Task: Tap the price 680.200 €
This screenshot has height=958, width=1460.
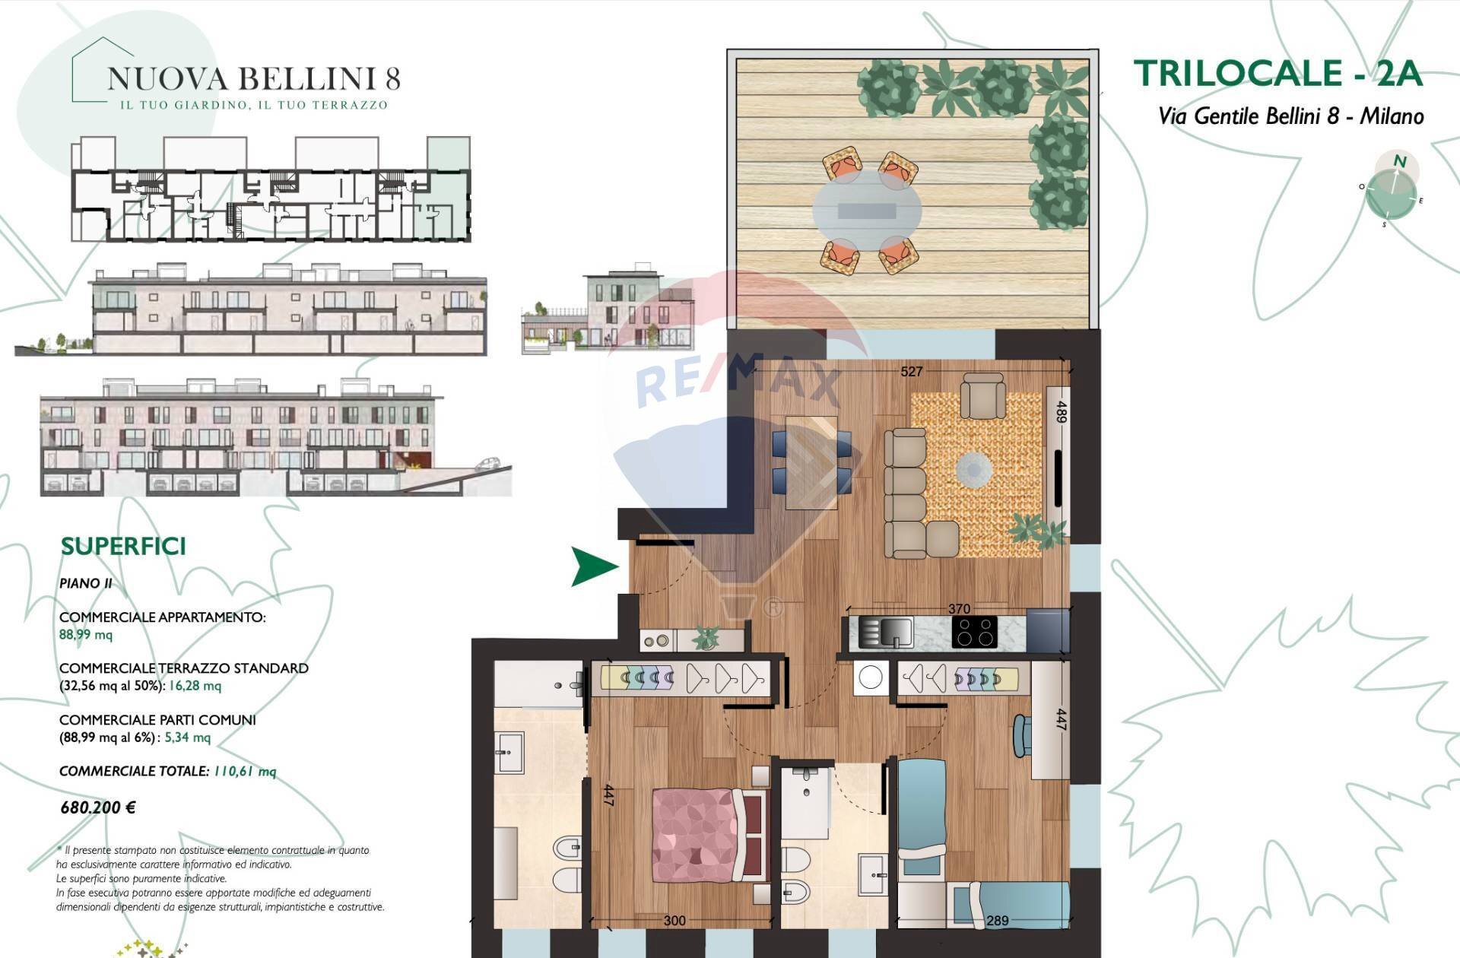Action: click(98, 807)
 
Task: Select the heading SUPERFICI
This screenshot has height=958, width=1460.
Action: click(123, 547)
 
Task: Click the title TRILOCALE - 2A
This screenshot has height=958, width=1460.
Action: click(1277, 74)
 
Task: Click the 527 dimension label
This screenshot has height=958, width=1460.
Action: click(911, 372)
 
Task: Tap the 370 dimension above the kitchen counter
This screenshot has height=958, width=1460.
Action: click(959, 609)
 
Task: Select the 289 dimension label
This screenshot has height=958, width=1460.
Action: click(997, 921)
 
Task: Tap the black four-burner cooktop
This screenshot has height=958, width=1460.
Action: click(975, 632)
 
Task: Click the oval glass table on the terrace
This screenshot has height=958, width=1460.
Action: click(867, 209)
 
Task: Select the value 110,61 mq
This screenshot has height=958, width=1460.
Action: click(245, 772)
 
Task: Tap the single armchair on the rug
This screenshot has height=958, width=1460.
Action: click(983, 395)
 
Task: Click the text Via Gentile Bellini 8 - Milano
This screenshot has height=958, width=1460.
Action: click(1290, 116)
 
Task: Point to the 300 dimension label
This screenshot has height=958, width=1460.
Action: click(674, 921)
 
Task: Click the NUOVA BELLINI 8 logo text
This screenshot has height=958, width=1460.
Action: click(253, 79)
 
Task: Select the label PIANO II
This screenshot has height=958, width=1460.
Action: click(86, 583)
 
